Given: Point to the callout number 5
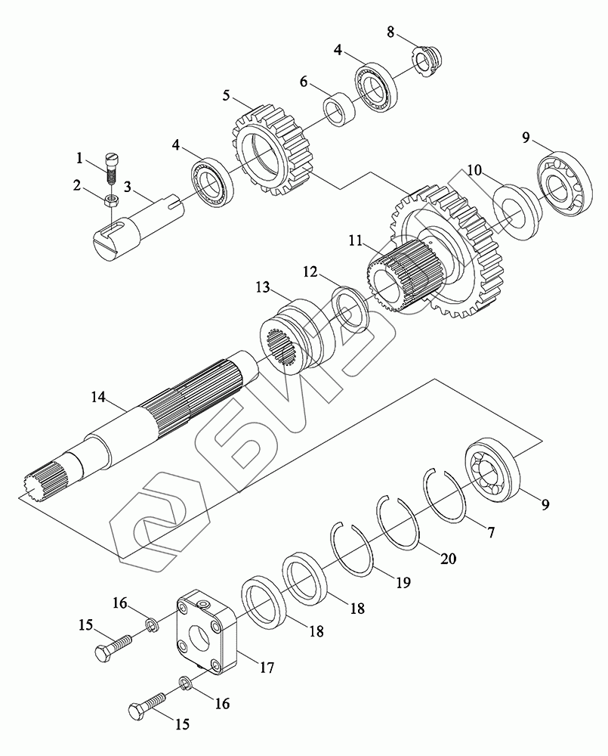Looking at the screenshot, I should click(x=226, y=96).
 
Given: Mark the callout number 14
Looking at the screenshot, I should click(x=98, y=396).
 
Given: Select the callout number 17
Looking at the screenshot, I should click(x=266, y=668).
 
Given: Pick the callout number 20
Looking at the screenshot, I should click(x=448, y=559).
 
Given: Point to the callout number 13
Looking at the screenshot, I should click(x=261, y=287).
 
